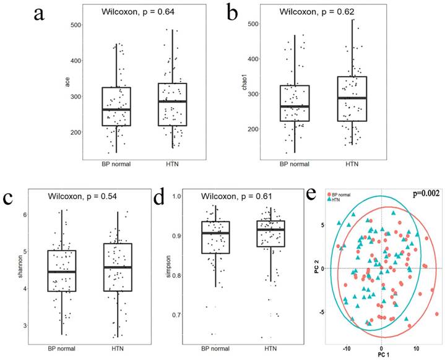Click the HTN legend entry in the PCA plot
coord(337,199)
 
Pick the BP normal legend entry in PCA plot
coord(345,193)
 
